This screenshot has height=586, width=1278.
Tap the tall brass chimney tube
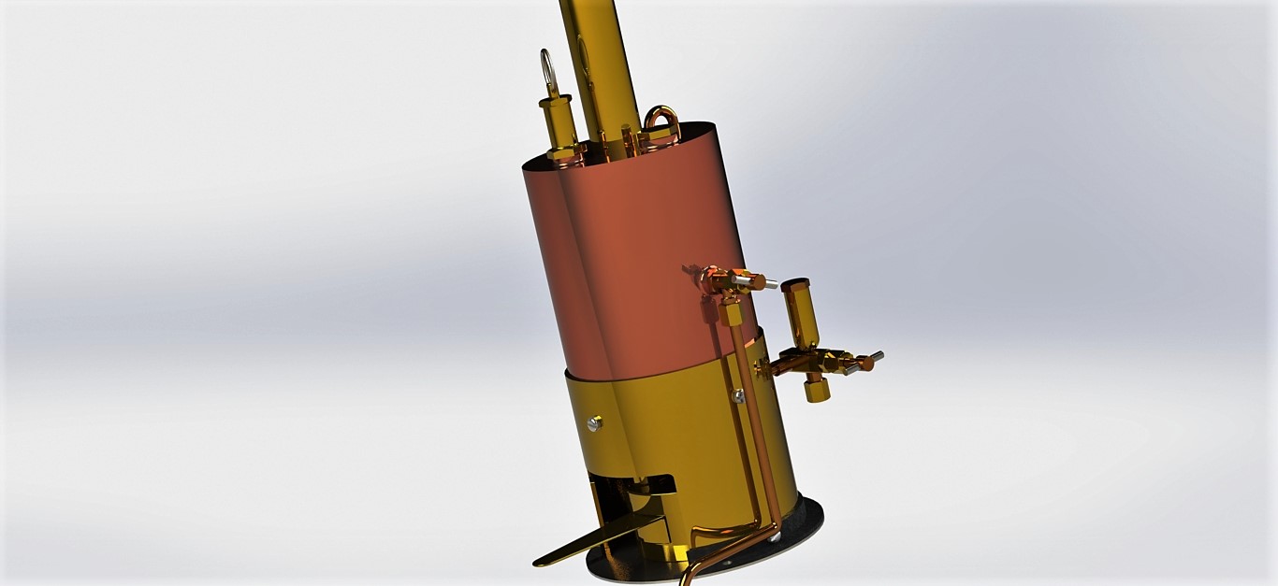(x=599, y=56)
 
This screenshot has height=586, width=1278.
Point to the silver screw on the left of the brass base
(x=594, y=423)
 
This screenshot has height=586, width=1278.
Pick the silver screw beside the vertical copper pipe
(x=738, y=396)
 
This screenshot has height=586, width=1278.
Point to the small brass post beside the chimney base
(x=630, y=140)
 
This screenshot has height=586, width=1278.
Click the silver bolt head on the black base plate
(x=774, y=536)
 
